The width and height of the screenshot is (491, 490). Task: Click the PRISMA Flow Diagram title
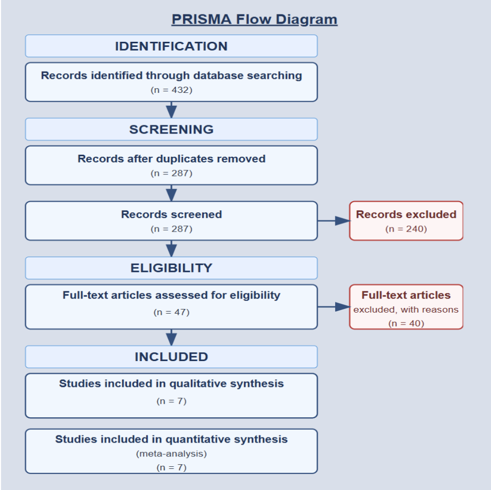tap(254, 20)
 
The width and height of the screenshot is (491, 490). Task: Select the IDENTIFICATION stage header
tap(171, 46)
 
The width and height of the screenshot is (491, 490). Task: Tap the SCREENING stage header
tap(171, 129)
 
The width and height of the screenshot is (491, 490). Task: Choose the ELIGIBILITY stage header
tap(171, 268)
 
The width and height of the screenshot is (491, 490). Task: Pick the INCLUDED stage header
tap(171, 357)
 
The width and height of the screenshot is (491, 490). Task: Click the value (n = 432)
tap(171, 90)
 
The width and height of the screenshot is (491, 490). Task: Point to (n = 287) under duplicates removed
tap(171, 173)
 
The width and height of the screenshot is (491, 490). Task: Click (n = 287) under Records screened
tap(171, 229)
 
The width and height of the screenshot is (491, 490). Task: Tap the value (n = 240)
tap(406, 229)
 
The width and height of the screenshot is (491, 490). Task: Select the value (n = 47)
tap(171, 312)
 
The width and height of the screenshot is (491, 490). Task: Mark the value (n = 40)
tap(406, 323)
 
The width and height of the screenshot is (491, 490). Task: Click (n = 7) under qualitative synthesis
tap(171, 401)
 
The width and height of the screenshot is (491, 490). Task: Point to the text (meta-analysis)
tap(171, 454)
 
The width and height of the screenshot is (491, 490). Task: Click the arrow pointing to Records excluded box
tap(334, 221)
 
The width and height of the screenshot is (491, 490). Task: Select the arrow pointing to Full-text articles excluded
tap(334, 307)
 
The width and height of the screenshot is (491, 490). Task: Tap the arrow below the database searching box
tap(171, 110)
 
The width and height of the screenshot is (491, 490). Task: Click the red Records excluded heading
tap(406, 215)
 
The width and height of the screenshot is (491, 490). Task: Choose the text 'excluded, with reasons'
tap(406, 309)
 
